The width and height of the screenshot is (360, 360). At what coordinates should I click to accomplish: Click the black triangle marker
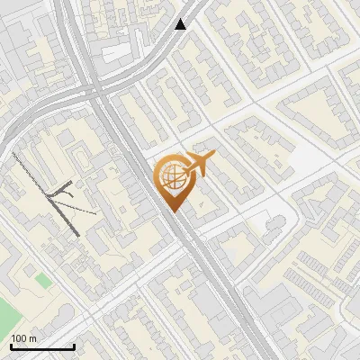(x=181, y=24)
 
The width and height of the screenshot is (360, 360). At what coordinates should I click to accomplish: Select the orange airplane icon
(x=198, y=165)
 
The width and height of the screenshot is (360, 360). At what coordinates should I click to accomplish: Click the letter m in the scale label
(x=32, y=338)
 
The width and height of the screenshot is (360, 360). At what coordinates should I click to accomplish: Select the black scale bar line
(x=42, y=346)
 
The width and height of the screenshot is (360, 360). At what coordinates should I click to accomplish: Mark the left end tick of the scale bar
(x=11, y=345)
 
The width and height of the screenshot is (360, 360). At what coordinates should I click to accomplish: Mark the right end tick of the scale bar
(x=74, y=345)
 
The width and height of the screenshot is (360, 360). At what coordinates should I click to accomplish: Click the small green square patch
(x=43, y=282)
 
